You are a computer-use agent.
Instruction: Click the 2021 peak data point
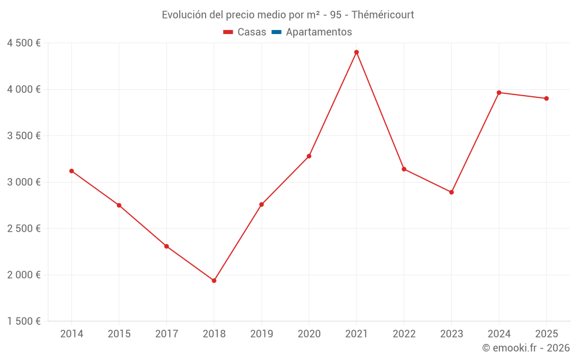coord(357,52)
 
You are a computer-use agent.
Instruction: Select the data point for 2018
coord(214,281)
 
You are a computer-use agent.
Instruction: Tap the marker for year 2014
coord(71,171)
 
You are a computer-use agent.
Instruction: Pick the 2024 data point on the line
coord(499,93)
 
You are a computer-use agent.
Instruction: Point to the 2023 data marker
coord(452,192)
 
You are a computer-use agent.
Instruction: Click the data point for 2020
coord(309,156)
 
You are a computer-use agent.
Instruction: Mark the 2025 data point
coord(546,98)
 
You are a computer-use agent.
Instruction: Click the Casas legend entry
coord(245,32)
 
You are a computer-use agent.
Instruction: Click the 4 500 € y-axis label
coord(24,43)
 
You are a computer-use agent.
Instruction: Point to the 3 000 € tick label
coord(24,182)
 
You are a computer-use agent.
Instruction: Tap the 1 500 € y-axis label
coord(24,321)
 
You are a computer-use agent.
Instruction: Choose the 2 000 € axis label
coord(24,275)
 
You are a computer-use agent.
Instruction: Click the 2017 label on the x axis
coord(166,334)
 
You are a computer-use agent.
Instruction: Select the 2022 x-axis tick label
coord(404,334)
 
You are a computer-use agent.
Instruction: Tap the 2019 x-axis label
coord(262,334)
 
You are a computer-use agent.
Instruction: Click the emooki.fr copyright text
coord(526,348)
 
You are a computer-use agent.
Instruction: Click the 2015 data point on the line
coord(119,205)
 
